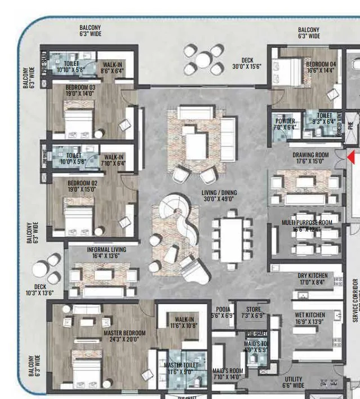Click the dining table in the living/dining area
[x=232, y=240]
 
